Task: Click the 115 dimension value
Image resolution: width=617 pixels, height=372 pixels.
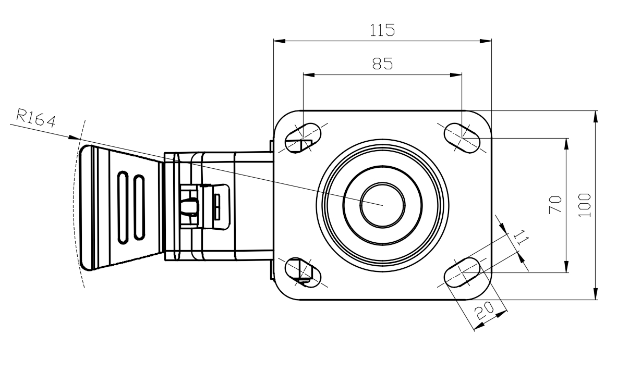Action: (x=382, y=30)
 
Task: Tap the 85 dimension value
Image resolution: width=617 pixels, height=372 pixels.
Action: (x=382, y=64)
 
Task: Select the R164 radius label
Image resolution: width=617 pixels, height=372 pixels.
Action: (x=35, y=119)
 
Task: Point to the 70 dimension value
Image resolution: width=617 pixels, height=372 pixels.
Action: (x=555, y=204)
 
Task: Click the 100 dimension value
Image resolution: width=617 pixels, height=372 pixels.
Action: (x=585, y=205)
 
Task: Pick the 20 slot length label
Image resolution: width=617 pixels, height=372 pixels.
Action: (x=485, y=312)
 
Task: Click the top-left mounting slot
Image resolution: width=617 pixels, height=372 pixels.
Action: (x=303, y=137)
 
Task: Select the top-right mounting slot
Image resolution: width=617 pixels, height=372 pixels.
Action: (x=462, y=137)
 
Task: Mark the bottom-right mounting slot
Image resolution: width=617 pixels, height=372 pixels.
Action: (x=462, y=271)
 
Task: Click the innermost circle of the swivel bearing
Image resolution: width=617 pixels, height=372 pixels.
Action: (x=382, y=204)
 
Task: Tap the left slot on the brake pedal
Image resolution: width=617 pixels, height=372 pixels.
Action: (x=123, y=207)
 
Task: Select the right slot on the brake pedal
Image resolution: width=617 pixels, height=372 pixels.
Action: (x=139, y=207)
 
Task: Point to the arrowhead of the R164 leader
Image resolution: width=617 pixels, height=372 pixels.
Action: (x=76, y=138)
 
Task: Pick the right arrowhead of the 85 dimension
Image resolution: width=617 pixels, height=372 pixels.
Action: (x=458, y=75)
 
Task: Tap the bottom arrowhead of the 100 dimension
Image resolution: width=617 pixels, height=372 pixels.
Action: (x=596, y=296)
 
